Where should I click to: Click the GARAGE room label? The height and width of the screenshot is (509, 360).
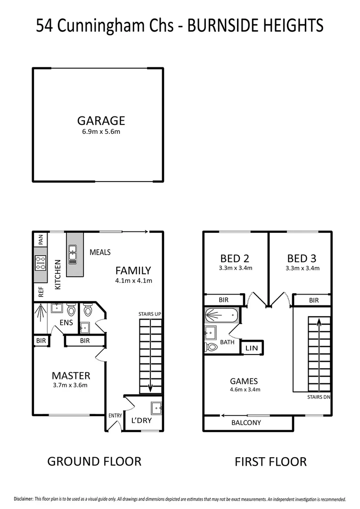point(101,120)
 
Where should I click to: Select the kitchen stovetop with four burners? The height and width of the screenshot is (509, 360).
point(40,262)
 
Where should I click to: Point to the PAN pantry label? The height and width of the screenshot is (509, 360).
point(41,239)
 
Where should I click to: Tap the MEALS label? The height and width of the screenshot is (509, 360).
point(100,253)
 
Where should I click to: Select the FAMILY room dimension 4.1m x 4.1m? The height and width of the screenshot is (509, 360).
point(133,280)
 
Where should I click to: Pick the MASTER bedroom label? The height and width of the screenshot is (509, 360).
point(71,376)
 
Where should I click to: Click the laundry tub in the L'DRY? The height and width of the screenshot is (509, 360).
point(156,407)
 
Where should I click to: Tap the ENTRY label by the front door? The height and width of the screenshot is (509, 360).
point(115,416)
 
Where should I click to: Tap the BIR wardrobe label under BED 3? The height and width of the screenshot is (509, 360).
point(313,300)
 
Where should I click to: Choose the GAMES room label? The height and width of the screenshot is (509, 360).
point(244,381)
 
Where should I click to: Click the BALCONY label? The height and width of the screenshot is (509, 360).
point(246,423)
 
